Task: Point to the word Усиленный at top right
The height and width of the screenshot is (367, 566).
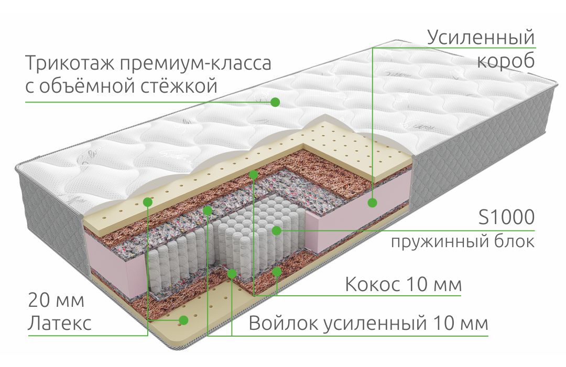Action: (481, 38)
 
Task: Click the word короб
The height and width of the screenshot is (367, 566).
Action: (506, 61)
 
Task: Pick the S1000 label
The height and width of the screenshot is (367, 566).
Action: (506, 217)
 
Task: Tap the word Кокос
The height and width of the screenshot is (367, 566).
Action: (373, 284)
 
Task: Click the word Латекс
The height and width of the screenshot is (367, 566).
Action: (60, 323)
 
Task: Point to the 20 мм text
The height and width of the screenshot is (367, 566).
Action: (56, 301)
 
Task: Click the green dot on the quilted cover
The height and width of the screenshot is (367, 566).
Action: (275, 102)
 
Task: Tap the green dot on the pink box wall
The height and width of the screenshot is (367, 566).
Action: (372, 203)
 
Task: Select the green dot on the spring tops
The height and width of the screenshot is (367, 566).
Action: (277, 230)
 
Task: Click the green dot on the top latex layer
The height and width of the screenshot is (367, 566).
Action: (148, 202)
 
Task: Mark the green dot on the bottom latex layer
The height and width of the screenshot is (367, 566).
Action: (184, 320)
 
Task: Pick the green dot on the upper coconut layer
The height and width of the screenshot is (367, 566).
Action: (254, 175)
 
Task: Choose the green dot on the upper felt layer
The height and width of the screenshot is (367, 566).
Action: (208, 210)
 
